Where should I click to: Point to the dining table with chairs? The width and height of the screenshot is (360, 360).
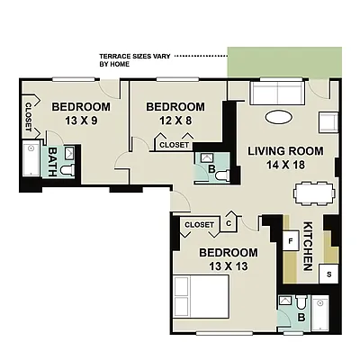(x=313, y=193)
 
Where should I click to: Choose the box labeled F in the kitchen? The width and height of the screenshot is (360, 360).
(x=291, y=241)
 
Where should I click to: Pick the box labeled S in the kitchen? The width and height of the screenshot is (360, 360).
(x=329, y=274)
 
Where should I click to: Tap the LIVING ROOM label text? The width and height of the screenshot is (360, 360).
(x=281, y=150)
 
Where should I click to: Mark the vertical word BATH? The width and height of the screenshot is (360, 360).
(x=51, y=160)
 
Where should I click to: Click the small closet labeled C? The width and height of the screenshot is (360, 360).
(x=229, y=224)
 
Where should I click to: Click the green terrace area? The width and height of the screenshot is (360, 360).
(x=293, y=63)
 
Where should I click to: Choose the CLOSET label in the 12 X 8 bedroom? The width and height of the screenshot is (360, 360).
(x=173, y=145)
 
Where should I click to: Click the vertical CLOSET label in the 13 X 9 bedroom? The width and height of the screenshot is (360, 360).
(x=28, y=116)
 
